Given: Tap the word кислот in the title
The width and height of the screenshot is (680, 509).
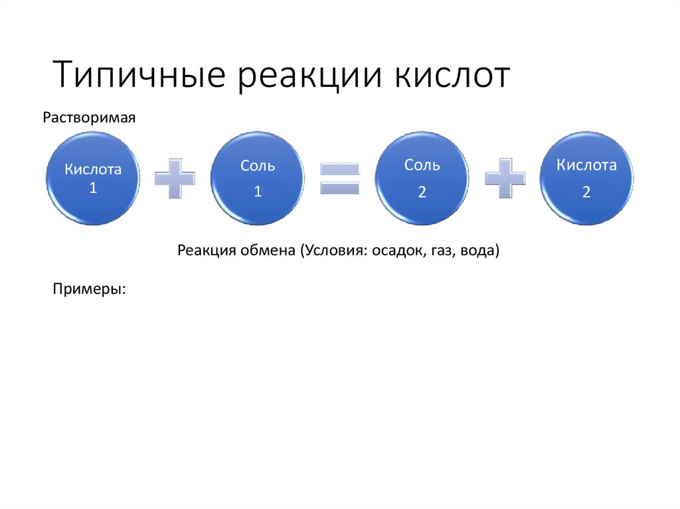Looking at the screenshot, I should tap(455, 74).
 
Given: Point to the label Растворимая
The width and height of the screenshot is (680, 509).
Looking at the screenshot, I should tap(89, 117).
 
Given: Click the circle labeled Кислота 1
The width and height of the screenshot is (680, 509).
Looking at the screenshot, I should tap(93, 178).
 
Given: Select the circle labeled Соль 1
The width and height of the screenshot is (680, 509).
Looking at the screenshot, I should tap(258, 178).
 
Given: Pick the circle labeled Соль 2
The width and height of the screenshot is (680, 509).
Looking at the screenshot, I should tap(422, 178).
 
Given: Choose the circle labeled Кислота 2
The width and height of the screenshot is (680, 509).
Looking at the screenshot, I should tap(586, 178).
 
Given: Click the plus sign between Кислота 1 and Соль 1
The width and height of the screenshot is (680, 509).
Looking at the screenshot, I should tap(175, 178).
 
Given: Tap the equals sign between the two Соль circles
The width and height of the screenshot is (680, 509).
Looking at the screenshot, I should tap(340, 178).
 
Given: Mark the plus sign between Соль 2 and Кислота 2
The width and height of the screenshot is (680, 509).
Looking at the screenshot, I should tap(505, 178).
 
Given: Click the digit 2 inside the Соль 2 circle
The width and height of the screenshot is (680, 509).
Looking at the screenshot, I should tap(422, 192).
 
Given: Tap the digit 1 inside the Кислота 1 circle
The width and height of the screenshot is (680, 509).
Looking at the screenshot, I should tap(93, 188).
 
